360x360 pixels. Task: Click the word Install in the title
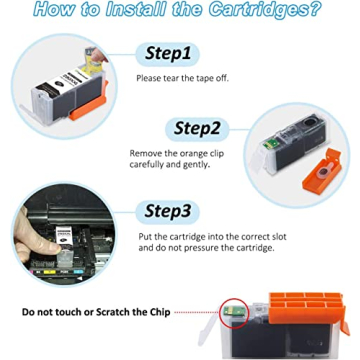129,11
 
